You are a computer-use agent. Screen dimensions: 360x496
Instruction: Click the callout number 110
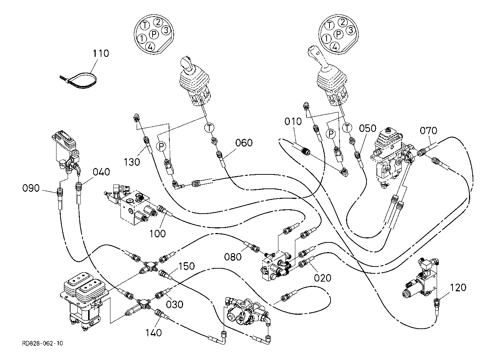101,54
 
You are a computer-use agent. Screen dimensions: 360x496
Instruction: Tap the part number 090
31,188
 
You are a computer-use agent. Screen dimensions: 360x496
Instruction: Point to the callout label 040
101,172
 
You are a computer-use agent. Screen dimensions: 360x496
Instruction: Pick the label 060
244,143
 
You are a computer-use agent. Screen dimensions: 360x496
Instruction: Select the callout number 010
293,121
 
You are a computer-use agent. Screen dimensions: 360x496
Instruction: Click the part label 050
368,128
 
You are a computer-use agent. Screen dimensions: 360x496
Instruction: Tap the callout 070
429,130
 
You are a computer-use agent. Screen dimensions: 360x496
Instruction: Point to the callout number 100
158,233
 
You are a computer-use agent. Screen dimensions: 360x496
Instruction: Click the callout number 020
322,278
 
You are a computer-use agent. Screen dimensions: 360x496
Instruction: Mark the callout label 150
186,266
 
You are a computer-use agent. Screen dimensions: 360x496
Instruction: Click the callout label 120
458,287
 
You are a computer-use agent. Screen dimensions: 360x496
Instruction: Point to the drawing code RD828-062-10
42,343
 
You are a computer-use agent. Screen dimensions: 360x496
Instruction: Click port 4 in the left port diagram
150,46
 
